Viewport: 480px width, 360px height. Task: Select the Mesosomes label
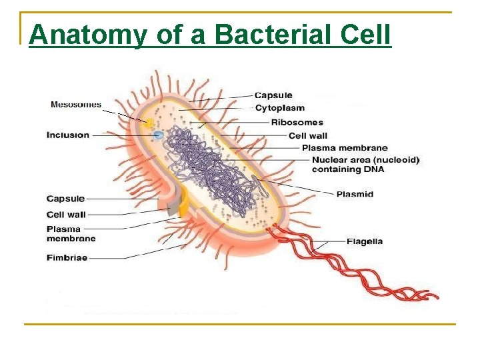76,104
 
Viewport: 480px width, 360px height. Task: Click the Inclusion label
68,135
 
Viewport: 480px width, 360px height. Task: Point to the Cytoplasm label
280,108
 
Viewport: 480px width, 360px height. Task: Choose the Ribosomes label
297,122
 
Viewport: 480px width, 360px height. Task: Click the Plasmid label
355,194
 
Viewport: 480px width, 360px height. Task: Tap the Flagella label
364,241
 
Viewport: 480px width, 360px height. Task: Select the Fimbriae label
67,258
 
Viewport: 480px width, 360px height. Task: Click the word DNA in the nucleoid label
373,169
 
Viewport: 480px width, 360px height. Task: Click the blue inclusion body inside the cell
159,135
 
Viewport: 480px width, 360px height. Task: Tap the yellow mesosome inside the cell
151,124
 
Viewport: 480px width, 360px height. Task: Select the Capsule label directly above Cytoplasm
273,95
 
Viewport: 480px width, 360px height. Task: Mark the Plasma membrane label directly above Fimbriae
71,234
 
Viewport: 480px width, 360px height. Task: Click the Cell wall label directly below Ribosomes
307,136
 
